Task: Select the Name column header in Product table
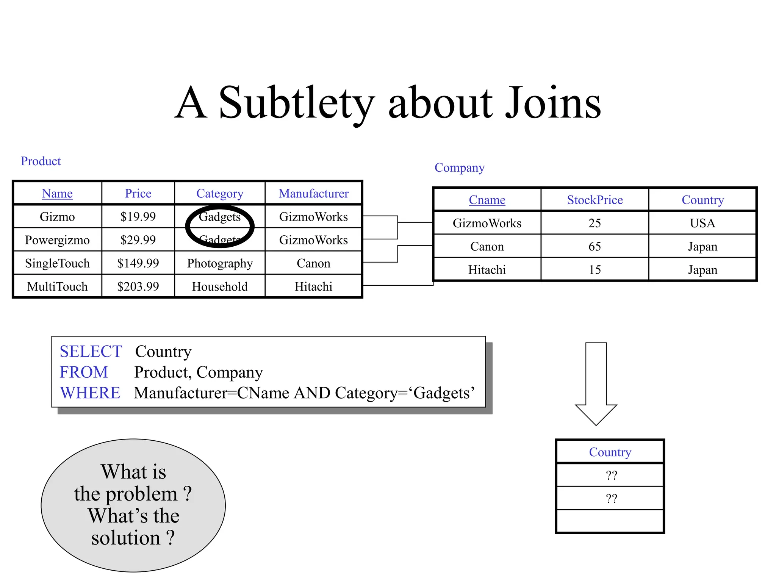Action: click(57, 194)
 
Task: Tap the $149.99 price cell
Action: click(138, 263)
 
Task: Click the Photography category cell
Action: click(220, 263)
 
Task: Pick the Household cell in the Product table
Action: click(220, 286)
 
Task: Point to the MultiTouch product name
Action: click(57, 286)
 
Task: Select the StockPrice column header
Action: click(595, 200)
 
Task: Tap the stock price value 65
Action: click(595, 247)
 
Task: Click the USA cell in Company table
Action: click(702, 223)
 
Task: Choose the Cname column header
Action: click(487, 200)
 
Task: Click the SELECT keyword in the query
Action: click(91, 352)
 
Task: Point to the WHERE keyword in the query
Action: click(90, 393)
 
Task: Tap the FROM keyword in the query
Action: click(84, 372)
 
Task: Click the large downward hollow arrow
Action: click(596, 383)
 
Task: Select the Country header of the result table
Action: click(610, 452)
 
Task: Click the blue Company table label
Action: click(459, 167)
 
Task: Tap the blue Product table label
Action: click(41, 161)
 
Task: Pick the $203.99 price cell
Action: click(138, 286)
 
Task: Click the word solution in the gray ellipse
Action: click(126, 538)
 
